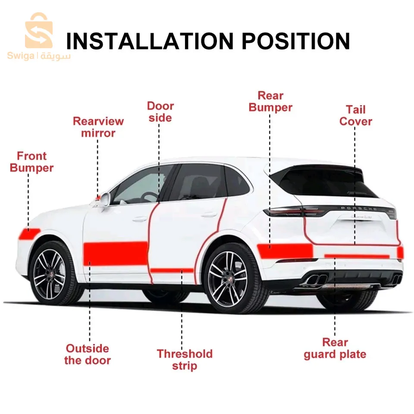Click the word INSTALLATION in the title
150,41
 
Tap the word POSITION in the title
296,41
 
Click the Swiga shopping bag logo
39,30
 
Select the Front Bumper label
31,162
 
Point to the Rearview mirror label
98,127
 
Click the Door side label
160,112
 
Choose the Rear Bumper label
270,101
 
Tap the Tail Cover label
356,116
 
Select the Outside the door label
88,354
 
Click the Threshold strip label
185,360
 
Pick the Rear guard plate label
335,348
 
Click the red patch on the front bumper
29,234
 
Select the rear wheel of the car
229,278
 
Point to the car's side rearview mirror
104,199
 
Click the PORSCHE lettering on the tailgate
358,208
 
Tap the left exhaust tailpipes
315,279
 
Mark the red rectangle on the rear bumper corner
285,251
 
